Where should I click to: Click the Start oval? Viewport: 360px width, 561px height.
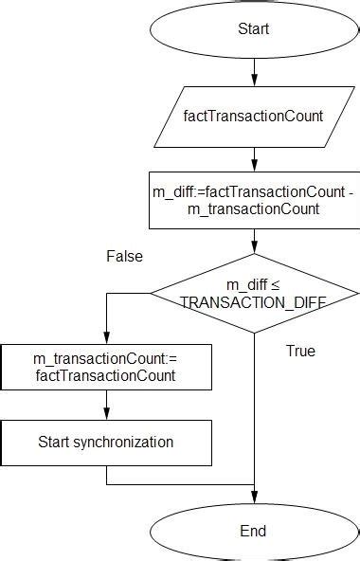[x=253, y=29]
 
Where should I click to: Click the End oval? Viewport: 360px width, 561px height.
[x=253, y=531]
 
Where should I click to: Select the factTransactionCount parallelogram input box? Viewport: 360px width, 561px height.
[x=253, y=117]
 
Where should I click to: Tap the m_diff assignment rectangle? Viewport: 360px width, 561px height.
[x=253, y=200]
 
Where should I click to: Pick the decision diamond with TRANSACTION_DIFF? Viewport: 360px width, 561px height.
[x=253, y=293]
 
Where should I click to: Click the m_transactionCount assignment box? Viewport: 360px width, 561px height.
[x=106, y=367]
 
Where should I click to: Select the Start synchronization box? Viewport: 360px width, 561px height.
[x=106, y=442]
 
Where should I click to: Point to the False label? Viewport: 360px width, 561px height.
[x=124, y=257]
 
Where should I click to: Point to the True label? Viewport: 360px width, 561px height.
[x=300, y=352]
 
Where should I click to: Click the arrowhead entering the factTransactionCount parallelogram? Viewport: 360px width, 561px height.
[x=253, y=81]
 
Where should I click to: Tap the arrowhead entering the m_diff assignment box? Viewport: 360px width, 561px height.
[x=253, y=165]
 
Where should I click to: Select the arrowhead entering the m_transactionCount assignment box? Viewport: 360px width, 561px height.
[x=106, y=338]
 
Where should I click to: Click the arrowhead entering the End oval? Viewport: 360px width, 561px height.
[x=253, y=496]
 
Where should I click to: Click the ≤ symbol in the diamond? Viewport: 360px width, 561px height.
[x=276, y=285]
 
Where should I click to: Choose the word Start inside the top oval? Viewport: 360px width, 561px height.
[x=253, y=29]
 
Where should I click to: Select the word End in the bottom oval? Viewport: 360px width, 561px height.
[x=253, y=531]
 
